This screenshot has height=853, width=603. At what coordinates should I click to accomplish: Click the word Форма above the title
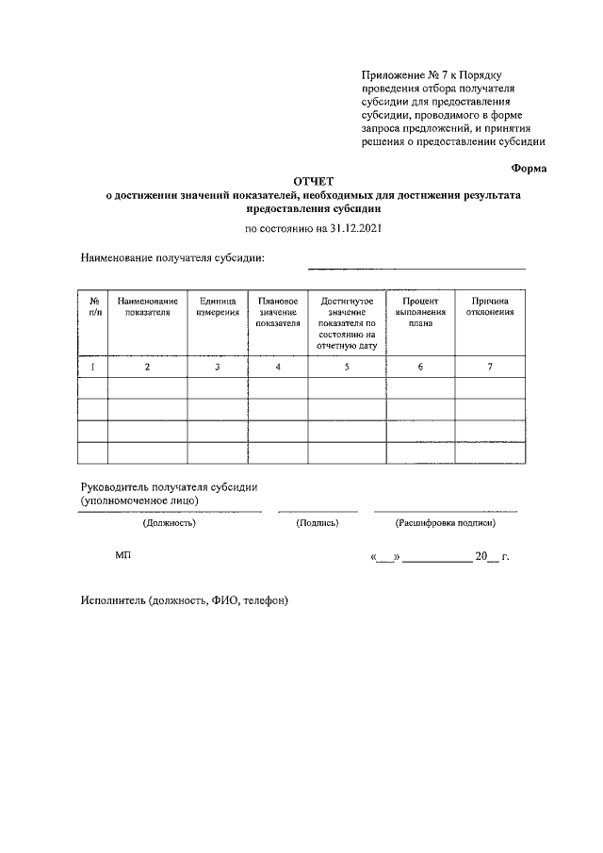(x=529, y=167)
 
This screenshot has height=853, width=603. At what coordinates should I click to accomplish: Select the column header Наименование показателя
(x=148, y=306)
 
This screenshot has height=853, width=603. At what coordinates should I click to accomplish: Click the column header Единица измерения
(x=217, y=306)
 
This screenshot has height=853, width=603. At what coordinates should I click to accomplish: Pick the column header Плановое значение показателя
(x=278, y=312)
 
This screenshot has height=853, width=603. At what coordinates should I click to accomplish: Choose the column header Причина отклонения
(x=490, y=306)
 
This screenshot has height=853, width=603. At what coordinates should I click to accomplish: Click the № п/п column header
(x=94, y=306)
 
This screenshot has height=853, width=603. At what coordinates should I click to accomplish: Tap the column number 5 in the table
(x=347, y=367)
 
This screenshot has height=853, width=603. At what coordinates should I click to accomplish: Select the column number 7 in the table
(x=490, y=367)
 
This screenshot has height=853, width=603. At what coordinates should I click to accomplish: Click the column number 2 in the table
(x=148, y=367)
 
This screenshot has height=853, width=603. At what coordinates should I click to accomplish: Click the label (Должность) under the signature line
(x=169, y=522)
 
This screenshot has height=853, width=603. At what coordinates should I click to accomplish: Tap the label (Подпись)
(x=318, y=522)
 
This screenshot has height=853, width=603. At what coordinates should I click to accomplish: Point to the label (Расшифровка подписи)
(x=446, y=522)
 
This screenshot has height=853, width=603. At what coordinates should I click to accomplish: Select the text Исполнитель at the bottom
(x=114, y=599)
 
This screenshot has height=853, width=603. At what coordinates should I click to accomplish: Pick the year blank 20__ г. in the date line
(x=492, y=557)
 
